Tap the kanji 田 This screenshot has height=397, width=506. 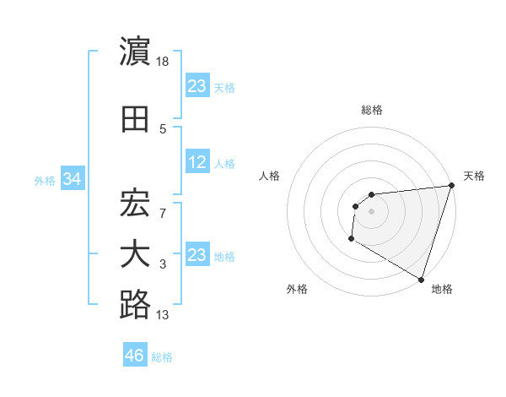[x=135, y=119]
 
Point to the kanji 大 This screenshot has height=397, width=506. [x=135, y=254]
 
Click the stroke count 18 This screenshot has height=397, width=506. [x=164, y=61]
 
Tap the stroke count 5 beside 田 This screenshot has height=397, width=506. [x=163, y=128]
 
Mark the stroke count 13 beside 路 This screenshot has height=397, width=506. [x=164, y=315]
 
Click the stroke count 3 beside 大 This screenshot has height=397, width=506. [x=163, y=264]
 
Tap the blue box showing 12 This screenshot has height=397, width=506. [x=197, y=162]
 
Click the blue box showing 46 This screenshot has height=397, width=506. [x=135, y=356]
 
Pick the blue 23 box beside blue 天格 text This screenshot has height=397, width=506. [x=197, y=85]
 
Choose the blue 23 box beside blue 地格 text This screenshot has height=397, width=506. [x=197, y=255]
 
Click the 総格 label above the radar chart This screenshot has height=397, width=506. [x=372, y=110]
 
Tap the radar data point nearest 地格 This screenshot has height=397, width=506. [x=421, y=279]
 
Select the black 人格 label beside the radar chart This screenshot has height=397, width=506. [x=270, y=176]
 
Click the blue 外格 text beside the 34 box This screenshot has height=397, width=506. [x=45, y=181]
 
